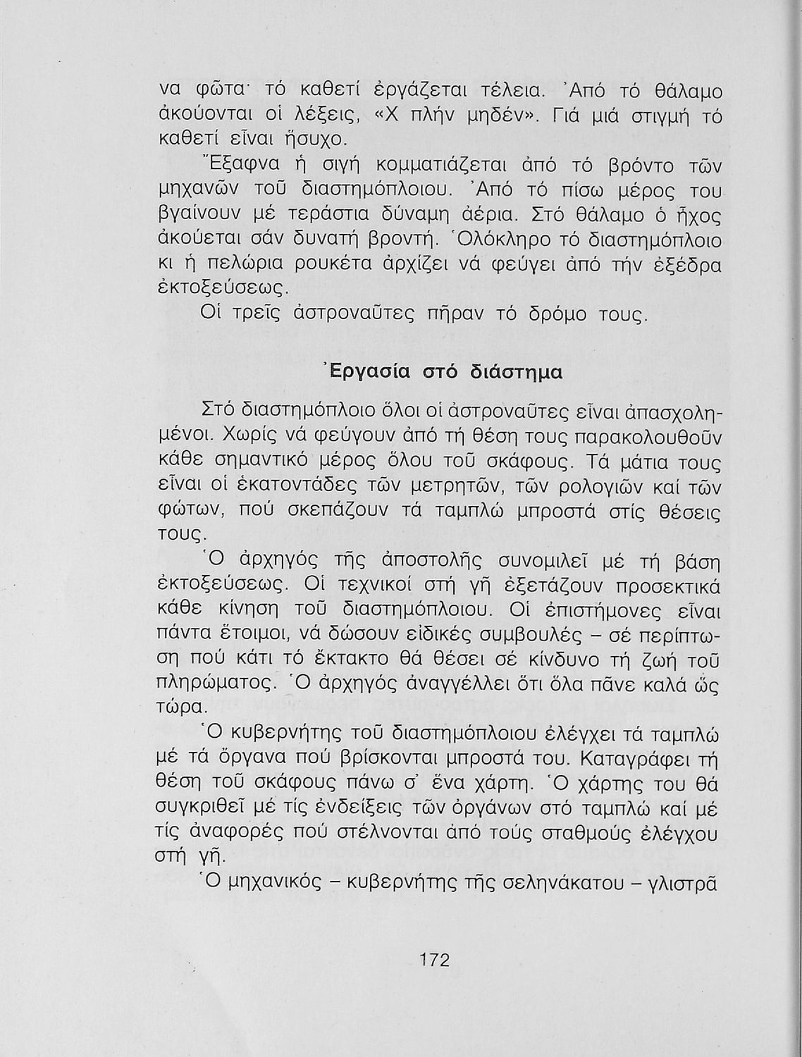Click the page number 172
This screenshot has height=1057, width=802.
(x=434, y=960)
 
